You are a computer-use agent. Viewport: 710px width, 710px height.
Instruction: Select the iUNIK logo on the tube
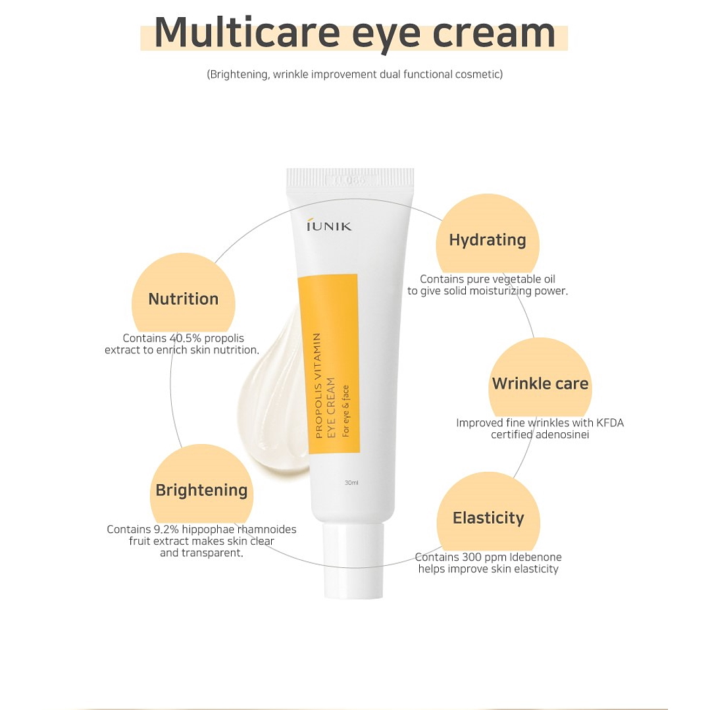pyautogui.click(x=329, y=225)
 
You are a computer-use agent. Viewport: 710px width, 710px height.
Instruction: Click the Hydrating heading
pyautogui.click(x=488, y=240)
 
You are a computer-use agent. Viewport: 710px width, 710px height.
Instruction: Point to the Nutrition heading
pyautogui.click(x=184, y=299)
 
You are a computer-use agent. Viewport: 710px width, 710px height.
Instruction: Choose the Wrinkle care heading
pyautogui.click(x=540, y=384)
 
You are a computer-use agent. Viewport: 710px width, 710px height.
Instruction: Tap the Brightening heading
pyautogui.click(x=201, y=490)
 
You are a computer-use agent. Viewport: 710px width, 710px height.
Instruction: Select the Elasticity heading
pyautogui.click(x=489, y=518)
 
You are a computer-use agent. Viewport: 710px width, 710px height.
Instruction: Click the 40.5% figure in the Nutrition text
pyautogui.click(x=185, y=338)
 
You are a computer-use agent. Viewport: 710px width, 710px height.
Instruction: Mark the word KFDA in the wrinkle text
pyautogui.click(x=610, y=423)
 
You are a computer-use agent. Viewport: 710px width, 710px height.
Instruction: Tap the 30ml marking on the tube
pyautogui.click(x=351, y=483)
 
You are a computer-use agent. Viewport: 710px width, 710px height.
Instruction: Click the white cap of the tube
pyautogui.click(x=353, y=561)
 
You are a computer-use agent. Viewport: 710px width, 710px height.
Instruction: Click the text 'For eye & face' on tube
pyautogui.click(x=346, y=411)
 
